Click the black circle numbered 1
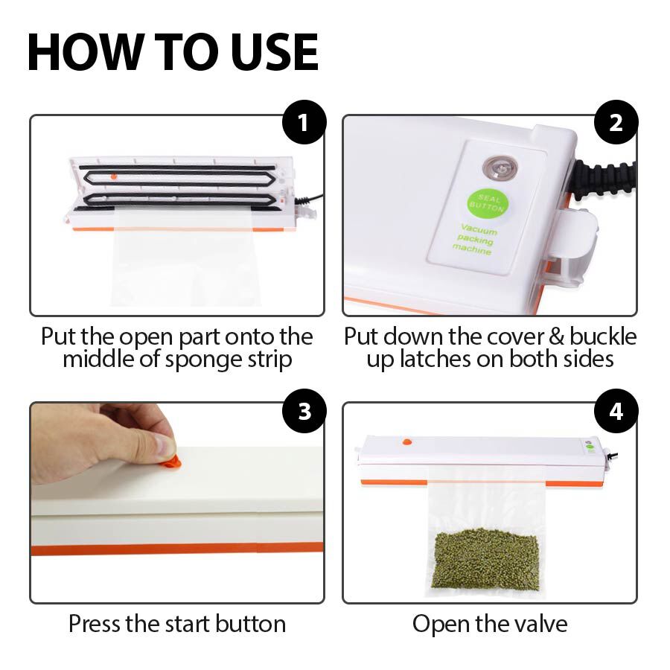click(304, 122)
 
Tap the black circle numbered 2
click(616, 122)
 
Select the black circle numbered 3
click(304, 411)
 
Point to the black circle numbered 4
click(616, 411)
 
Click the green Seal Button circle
click(488, 203)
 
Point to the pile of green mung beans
click(487, 558)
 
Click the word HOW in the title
click(86, 51)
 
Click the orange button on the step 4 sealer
click(406, 441)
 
